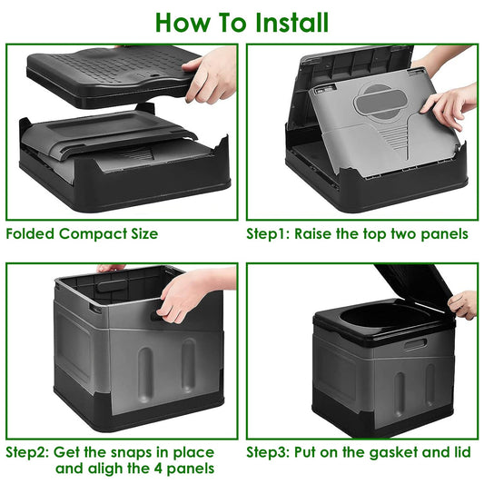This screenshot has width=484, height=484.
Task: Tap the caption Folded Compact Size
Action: [82, 233]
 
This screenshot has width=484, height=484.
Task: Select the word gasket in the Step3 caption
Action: [389, 451]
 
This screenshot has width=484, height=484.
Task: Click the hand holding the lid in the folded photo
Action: [211, 73]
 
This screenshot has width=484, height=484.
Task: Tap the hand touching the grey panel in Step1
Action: [451, 106]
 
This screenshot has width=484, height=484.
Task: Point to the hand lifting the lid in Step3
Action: [463, 303]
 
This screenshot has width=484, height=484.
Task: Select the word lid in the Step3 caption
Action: [460, 451]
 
